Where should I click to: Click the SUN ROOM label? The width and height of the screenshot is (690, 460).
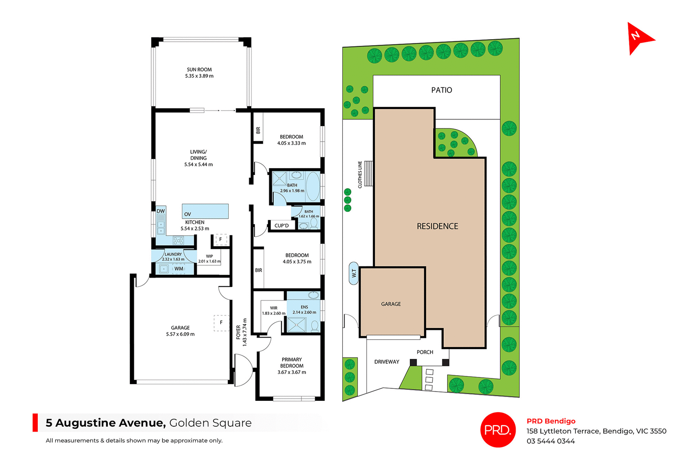click(x=199, y=70)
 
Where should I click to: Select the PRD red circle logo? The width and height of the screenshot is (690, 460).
click(x=498, y=429)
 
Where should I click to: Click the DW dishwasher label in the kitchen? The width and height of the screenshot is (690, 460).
click(x=161, y=211)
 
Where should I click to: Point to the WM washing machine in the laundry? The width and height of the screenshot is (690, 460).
click(x=179, y=269)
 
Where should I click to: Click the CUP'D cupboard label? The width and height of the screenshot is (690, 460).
click(x=281, y=226)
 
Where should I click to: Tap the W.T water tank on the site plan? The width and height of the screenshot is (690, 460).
click(x=354, y=273)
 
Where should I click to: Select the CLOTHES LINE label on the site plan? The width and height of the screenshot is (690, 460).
click(x=360, y=175)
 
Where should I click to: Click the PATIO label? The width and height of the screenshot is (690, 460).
click(x=441, y=90)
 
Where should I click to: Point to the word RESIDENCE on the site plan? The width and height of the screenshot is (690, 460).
click(x=437, y=226)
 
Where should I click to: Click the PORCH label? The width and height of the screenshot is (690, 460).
click(x=425, y=352)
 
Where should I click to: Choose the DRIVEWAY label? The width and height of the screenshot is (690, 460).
click(x=387, y=362)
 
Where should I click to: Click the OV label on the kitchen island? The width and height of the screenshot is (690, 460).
click(x=188, y=214)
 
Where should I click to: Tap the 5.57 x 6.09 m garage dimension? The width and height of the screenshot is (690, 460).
click(x=180, y=334)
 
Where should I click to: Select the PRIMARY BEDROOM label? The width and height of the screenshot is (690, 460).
click(x=291, y=363)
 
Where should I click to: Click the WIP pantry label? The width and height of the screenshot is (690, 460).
click(x=209, y=256)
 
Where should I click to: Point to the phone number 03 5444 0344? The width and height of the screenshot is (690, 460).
click(x=551, y=441)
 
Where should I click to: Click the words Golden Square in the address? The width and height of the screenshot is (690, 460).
click(x=210, y=423)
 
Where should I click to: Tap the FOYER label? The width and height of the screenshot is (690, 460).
click(x=238, y=332)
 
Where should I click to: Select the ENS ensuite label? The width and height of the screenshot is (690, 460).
click(x=304, y=307)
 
